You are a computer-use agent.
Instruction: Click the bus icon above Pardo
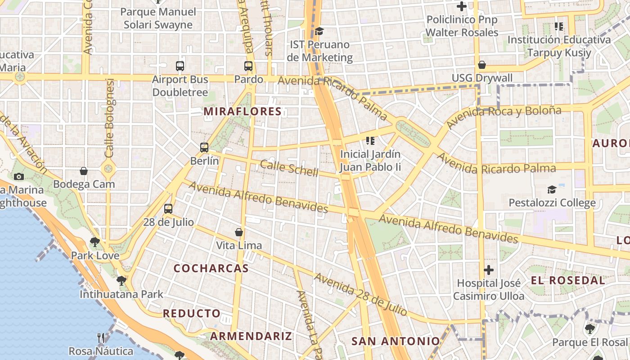point(248,66)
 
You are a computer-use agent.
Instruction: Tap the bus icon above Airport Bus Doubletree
point(180,66)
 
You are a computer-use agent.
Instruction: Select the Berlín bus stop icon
point(204,147)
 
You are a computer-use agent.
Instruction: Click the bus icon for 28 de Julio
point(168,209)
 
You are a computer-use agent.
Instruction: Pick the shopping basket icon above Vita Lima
point(239,232)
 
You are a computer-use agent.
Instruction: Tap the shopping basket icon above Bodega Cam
point(84,171)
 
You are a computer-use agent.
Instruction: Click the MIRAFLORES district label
point(243,112)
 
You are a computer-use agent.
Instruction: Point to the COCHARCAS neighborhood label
point(211,268)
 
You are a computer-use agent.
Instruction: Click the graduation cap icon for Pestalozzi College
point(552,189)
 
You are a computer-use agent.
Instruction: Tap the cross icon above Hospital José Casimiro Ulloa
point(489,270)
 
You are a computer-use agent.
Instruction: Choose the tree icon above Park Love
point(95,242)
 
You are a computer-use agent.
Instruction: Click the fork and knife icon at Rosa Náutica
point(101,337)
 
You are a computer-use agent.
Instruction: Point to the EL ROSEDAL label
point(568,280)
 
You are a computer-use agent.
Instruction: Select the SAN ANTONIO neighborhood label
point(396,341)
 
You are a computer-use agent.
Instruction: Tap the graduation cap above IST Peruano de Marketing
point(319,31)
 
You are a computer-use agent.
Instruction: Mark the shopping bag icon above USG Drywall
point(482,65)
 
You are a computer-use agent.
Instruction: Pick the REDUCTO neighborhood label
point(192,313)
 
